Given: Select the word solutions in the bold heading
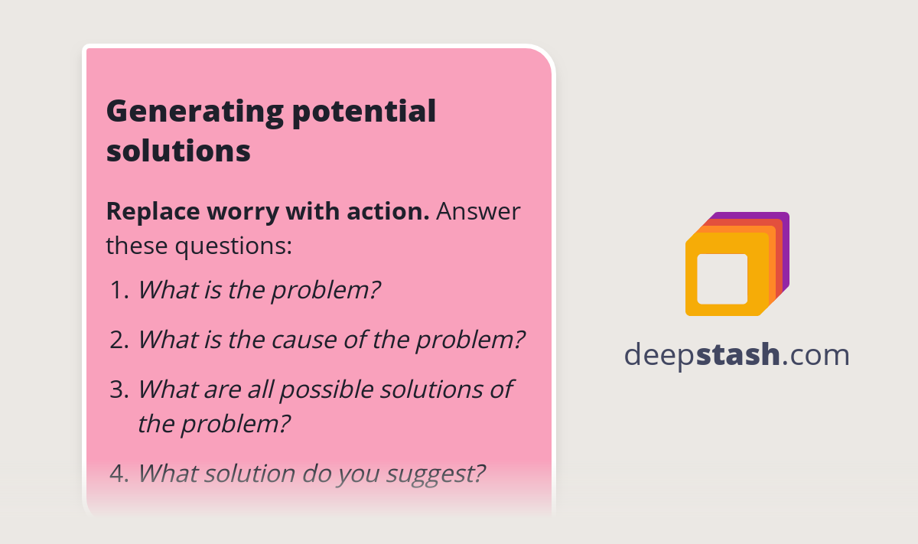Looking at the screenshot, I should pos(178,151).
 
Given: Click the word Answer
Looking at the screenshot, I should pos(478,211).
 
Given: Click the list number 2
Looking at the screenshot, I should pos(119,340).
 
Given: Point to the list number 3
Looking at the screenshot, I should pos(119,389).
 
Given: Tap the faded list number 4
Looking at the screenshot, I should pos(119,474).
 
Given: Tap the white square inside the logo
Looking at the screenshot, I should pos(722,279).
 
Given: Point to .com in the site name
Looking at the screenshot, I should pos(815,355).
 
